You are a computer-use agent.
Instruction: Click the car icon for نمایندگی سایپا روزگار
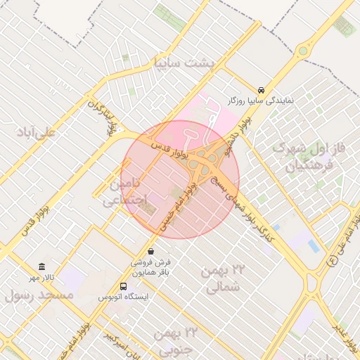point(261,91)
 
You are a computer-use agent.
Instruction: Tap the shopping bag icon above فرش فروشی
point(150,251)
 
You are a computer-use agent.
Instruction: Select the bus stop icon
point(124,286)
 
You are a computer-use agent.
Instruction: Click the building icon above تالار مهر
point(42,267)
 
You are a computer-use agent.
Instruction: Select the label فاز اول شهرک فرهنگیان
point(309,157)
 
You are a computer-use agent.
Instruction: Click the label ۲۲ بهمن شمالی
point(224,278)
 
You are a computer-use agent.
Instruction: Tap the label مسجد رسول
point(39,295)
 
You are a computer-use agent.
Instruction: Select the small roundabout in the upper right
point(303,50)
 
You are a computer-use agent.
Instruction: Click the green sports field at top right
point(344,27)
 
